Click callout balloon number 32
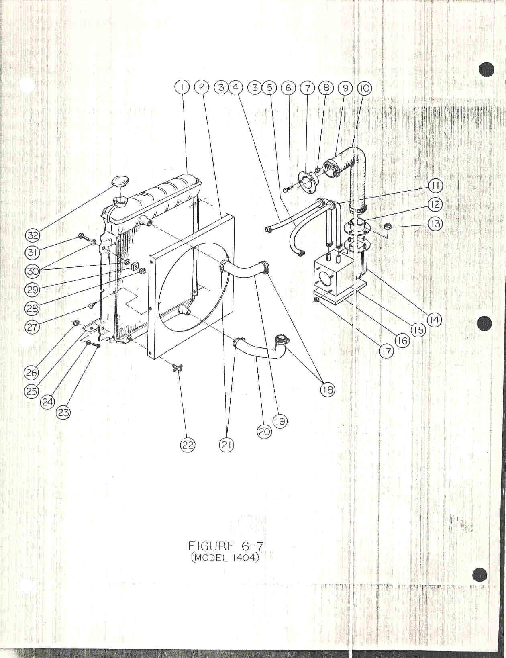(32, 235)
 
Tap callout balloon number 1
(182, 88)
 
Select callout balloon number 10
(365, 88)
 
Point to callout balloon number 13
(435, 225)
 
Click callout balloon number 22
(188, 445)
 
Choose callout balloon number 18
(328, 390)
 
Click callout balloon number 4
(236, 88)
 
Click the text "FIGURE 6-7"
(226, 546)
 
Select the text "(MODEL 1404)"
(225, 558)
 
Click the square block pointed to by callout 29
(134, 266)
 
